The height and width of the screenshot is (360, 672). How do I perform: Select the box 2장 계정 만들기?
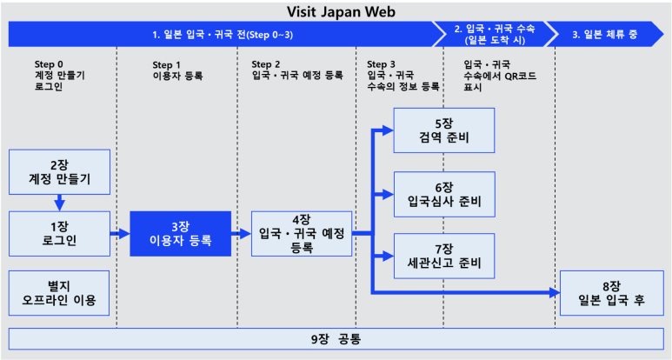60,171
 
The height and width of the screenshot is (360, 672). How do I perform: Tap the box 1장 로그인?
60,233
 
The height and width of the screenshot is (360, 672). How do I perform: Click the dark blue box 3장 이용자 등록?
181,233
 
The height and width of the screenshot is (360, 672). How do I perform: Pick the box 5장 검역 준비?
444,130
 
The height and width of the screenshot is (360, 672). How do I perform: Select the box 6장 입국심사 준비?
444,194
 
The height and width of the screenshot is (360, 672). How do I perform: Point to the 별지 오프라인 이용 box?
60,293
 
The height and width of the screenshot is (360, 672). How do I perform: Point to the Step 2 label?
267,63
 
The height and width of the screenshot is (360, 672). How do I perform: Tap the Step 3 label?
383,63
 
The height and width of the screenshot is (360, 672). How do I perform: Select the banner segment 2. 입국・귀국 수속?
494,34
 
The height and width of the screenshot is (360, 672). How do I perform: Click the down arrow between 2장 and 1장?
60,203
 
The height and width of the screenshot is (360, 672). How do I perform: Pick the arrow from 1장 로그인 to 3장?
120,233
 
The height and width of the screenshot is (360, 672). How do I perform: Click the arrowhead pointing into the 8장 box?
554,293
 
